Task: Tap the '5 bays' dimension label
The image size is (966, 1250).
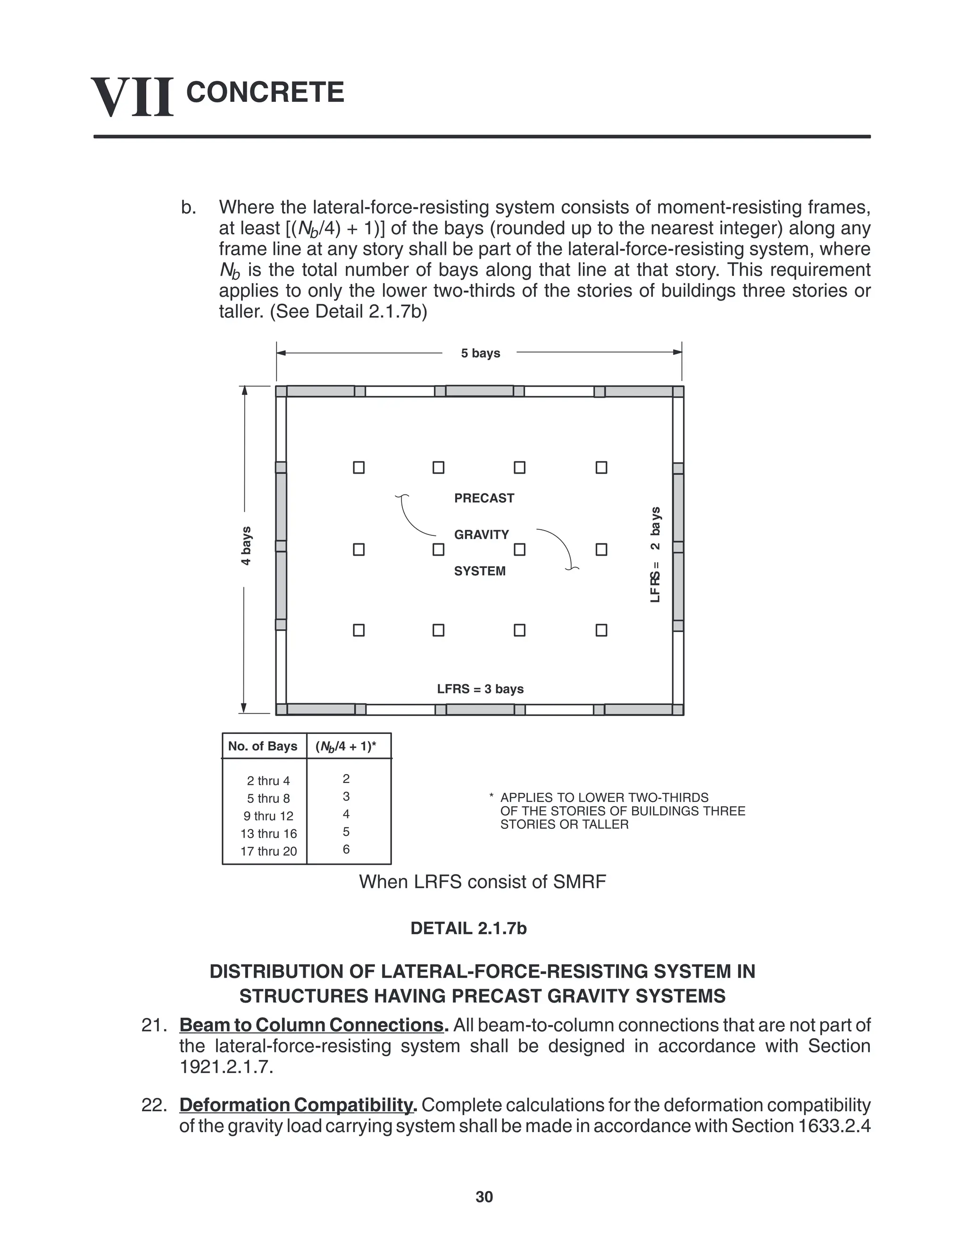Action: tap(480, 353)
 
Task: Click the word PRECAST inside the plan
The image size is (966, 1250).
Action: tap(483, 498)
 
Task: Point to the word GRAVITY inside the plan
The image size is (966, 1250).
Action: tap(481, 534)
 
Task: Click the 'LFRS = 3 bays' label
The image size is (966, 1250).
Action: tap(480, 689)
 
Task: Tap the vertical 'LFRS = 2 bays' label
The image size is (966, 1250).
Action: tap(655, 554)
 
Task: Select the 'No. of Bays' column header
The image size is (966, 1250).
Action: tap(263, 746)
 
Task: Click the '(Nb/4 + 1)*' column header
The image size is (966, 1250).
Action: tap(346, 746)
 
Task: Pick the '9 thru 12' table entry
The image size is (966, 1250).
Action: tap(268, 816)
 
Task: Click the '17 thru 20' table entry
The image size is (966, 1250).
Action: tap(268, 851)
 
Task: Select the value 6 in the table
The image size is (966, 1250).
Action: tap(346, 850)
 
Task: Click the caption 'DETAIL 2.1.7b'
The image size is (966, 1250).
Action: tap(468, 928)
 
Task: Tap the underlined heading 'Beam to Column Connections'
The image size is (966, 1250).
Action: tap(312, 1025)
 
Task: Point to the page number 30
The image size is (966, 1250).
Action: tap(484, 1197)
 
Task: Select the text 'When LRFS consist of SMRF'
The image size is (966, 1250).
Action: tap(482, 882)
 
